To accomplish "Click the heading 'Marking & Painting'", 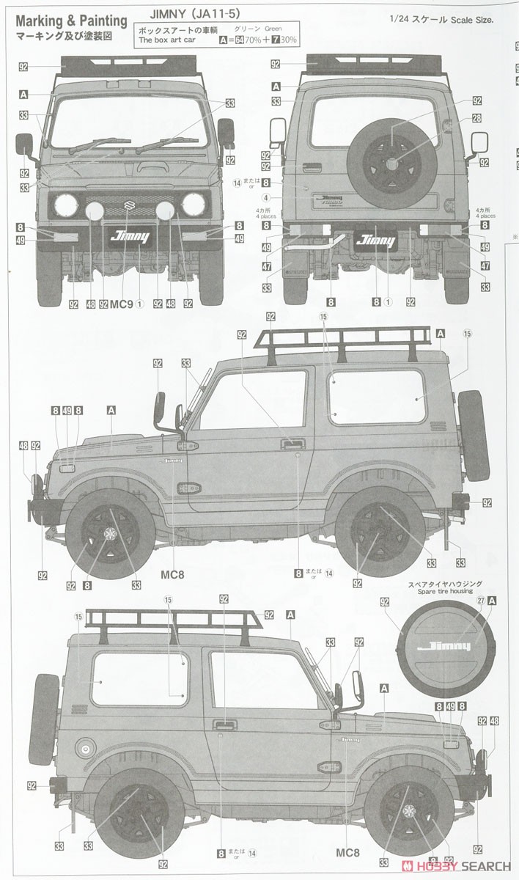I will point(71,22).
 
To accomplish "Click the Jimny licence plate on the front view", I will point(129,236).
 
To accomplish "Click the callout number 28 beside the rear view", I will point(476,118).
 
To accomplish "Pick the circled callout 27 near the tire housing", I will point(481,600).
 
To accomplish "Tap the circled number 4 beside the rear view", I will point(265,198).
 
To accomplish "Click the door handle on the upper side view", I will point(293,444).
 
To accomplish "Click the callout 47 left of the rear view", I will point(265,266).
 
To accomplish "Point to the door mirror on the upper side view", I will point(159,409).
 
